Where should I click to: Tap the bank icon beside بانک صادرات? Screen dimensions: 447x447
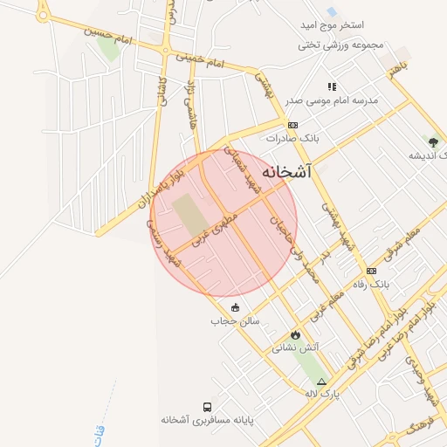292,126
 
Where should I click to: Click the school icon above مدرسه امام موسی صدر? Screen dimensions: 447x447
332,86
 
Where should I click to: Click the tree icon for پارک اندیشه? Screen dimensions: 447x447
434,141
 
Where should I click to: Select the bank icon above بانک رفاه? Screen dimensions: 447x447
371,271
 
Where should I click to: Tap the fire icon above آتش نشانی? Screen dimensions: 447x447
295,334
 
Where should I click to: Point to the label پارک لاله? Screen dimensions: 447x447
322,394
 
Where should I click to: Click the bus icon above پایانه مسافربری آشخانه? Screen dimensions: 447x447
206,407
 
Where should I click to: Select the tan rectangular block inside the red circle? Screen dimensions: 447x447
187,215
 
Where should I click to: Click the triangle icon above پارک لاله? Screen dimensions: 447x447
322,382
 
